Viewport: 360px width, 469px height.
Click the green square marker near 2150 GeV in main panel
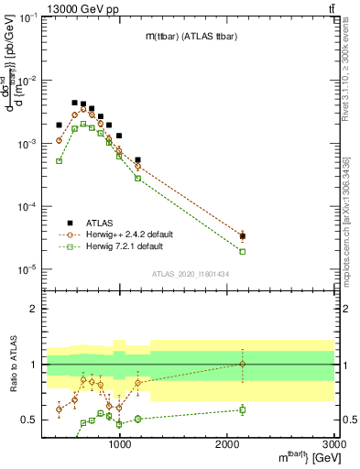[x=243, y=251]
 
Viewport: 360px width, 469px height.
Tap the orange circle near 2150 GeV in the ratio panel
[x=243, y=364]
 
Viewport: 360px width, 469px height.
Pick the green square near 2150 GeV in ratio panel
[x=243, y=409]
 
